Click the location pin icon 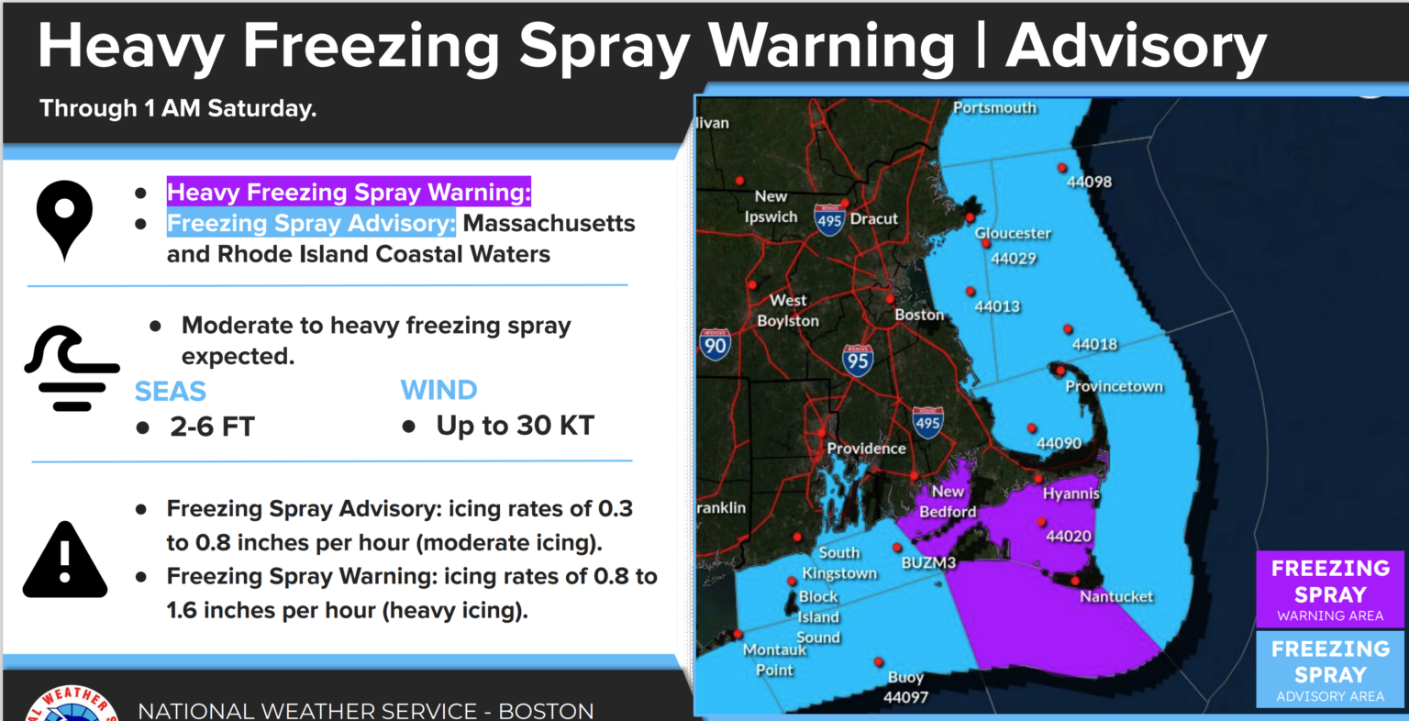(64, 218)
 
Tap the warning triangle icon (65, 560)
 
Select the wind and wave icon (72, 367)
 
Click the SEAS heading (171, 392)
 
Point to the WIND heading (438, 390)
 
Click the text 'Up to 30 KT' (515, 426)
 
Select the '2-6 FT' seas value (212, 427)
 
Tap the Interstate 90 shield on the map (715, 344)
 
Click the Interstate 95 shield (858, 360)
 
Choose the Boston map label (919, 315)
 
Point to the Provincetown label (1114, 386)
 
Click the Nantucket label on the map (1116, 596)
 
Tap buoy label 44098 (1089, 182)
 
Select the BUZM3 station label (928, 562)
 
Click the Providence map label (866, 449)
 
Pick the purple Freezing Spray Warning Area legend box (1329, 589)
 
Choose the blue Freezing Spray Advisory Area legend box (1329, 670)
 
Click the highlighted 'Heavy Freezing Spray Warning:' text (349, 193)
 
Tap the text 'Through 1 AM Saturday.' (178, 108)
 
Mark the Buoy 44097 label (905, 687)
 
